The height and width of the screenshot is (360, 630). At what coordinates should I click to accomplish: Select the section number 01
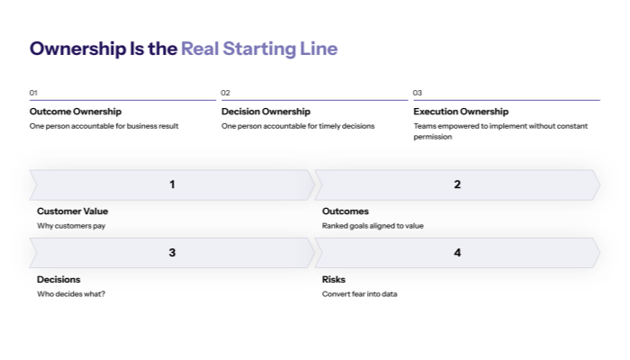click(33, 93)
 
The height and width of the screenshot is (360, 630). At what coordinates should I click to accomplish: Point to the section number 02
click(226, 93)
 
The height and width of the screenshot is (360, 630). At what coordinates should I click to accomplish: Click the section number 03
click(418, 93)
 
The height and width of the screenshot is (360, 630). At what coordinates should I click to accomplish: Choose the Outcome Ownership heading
click(75, 112)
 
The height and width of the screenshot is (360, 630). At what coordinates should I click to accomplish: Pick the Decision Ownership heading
click(265, 112)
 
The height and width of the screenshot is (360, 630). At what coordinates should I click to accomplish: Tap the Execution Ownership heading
click(461, 112)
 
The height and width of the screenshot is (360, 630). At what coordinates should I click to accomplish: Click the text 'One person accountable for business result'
click(103, 126)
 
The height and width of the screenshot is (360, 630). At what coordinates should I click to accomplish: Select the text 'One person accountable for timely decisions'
click(298, 126)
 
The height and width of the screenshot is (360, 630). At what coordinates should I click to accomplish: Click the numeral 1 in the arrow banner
click(172, 184)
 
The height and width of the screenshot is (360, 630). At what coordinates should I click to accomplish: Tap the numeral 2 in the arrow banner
click(457, 184)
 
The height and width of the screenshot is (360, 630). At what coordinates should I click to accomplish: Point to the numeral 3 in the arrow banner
click(172, 253)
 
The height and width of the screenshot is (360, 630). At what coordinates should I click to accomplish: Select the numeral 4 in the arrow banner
click(457, 253)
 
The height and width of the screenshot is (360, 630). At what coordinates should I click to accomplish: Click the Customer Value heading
click(72, 211)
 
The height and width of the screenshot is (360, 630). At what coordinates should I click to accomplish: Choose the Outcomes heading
click(346, 211)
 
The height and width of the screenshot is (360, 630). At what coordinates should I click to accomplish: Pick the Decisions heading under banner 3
click(58, 280)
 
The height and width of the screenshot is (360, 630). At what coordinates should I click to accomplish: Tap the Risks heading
click(334, 280)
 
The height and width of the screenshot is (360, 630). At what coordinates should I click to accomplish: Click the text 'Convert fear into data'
click(359, 294)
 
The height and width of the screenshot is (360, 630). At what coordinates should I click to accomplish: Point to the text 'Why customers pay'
click(71, 226)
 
